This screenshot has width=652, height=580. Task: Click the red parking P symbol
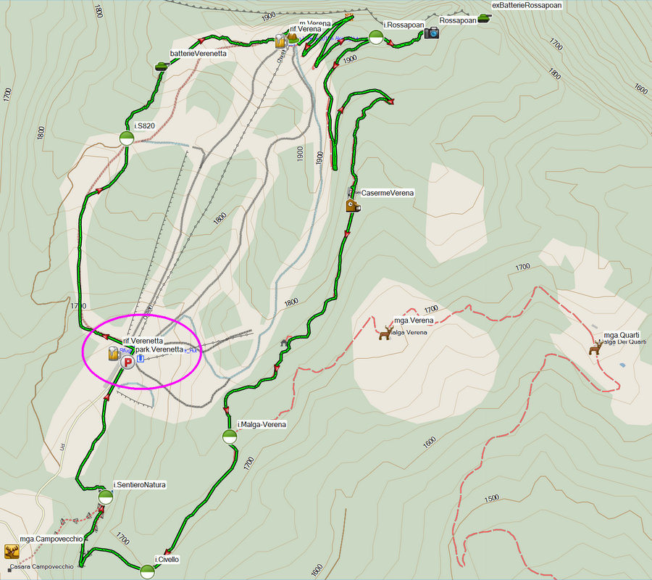click(x=128, y=361)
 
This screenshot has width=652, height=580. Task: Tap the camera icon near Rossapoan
click(x=432, y=33)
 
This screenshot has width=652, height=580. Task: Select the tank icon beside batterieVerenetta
click(x=162, y=66)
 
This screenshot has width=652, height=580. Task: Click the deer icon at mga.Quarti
click(x=595, y=349)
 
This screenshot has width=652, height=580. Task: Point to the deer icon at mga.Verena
click(x=385, y=333)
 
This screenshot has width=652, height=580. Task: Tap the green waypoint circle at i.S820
click(x=126, y=138)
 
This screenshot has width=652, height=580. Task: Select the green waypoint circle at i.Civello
click(x=147, y=572)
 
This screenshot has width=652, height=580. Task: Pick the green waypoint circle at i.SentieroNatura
click(x=106, y=497)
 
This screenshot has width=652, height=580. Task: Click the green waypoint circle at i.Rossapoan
click(x=375, y=37)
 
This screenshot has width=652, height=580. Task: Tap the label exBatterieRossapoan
click(x=527, y=5)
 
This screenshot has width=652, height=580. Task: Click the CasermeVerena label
click(x=388, y=193)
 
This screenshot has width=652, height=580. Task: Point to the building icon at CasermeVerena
click(x=353, y=205)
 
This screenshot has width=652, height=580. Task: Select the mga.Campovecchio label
click(x=51, y=539)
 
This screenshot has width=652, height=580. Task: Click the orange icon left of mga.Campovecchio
click(x=11, y=552)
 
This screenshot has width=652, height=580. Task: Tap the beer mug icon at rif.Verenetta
click(x=113, y=355)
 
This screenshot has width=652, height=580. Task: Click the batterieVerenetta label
click(x=198, y=54)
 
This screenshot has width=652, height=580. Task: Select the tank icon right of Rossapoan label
click(x=484, y=20)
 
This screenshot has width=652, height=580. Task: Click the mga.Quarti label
click(x=622, y=335)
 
